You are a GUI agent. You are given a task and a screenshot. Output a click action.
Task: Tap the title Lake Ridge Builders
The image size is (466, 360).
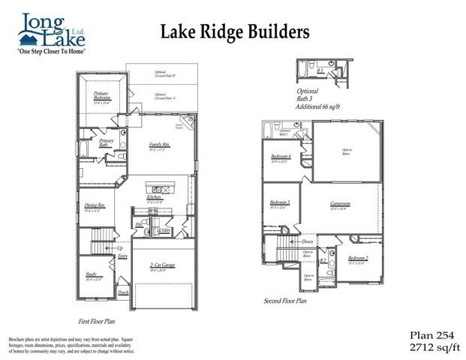pyautogui.click(x=234, y=31)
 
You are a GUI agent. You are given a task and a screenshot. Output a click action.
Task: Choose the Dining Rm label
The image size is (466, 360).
pyautogui.click(x=95, y=206)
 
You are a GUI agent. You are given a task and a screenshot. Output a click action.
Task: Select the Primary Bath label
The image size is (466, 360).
pyautogui.click(x=106, y=142)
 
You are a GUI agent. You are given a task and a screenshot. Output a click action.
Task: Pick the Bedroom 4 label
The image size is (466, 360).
pyautogui.click(x=281, y=156)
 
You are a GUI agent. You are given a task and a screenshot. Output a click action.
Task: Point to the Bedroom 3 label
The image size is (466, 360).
pyautogui.click(x=280, y=203)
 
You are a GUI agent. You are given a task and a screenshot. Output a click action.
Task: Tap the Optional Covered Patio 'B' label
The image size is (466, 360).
pyautogui.click(x=165, y=74)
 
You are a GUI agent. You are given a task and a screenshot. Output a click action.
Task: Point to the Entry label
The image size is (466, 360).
pyautogui.click(x=122, y=256)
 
